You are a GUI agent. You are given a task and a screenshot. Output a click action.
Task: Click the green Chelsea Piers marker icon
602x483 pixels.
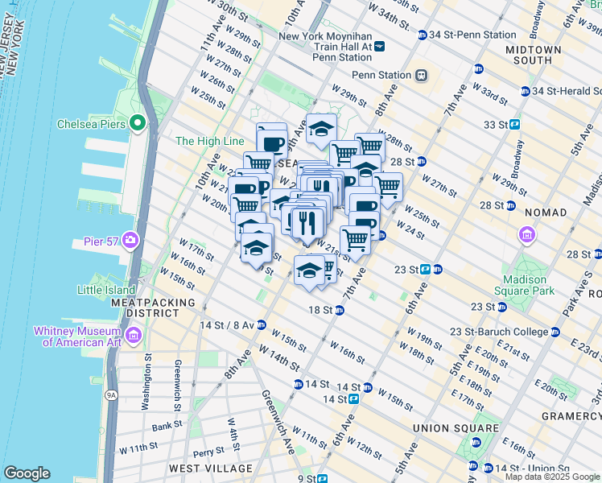tap(137, 124)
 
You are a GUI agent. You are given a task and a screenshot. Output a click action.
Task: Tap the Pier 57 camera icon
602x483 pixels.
tap(130, 240)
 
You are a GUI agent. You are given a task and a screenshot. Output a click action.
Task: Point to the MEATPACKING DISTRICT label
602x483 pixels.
tap(153, 308)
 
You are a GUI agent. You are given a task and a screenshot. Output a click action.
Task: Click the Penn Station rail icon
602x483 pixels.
tap(420, 75)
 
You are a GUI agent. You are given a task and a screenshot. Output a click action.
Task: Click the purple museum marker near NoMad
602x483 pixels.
tap(527, 234)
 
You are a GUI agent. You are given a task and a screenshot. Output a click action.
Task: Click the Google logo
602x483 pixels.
tap(27, 473)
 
